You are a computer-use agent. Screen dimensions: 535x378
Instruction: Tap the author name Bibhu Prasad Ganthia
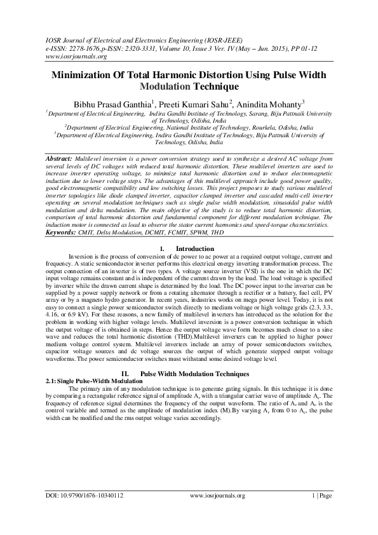111,103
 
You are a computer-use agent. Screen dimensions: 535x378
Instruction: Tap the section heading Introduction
194,248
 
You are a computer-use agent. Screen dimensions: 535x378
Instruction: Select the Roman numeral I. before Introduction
164,248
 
